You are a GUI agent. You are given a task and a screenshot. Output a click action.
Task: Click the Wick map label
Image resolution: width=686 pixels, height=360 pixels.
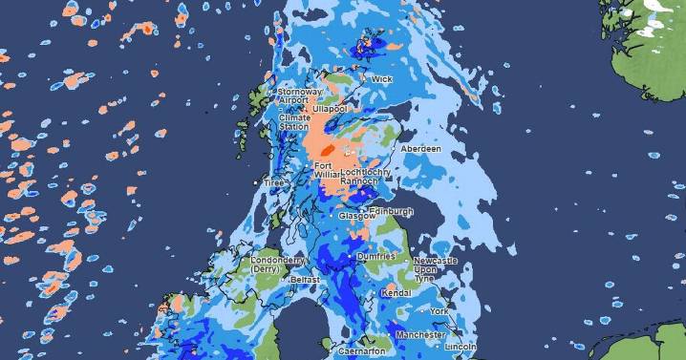(381, 79)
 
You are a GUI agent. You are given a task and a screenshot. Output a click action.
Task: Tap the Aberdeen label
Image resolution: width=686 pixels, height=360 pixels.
(421, 150)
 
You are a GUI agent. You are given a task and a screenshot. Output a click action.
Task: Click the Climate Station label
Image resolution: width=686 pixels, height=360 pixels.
(293, 122)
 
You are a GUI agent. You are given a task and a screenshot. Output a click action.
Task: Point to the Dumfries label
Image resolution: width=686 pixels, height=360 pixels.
(377, 257)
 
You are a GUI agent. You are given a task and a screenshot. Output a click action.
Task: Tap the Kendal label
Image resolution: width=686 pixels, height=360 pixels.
(395, 293)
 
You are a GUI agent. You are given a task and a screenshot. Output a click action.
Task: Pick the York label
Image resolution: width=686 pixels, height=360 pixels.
(439, 311)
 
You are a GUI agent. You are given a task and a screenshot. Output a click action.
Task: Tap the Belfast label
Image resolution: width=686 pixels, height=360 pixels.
(305, 280)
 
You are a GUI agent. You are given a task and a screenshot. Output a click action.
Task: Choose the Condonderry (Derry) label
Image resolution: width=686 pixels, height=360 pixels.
(278, 265)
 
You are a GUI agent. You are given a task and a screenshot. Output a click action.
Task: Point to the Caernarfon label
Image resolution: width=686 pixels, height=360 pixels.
(361, 351)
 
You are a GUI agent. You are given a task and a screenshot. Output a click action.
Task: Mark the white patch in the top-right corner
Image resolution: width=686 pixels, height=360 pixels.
(658, 11)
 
